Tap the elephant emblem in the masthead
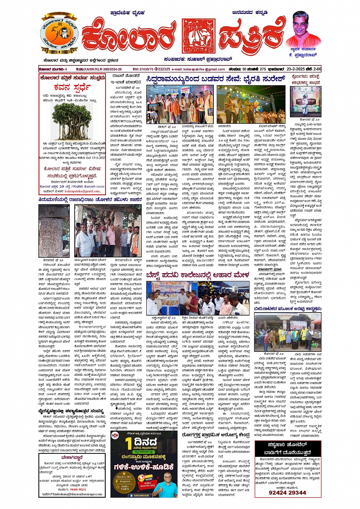click(198, 36)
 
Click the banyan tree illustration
click(72, 121)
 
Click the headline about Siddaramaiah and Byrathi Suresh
click(215, 79)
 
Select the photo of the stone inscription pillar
click(54, 231)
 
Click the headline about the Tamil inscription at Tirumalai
click(90, 199)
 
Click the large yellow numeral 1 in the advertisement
click(129, 444)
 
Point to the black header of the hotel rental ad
click(288, 448)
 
